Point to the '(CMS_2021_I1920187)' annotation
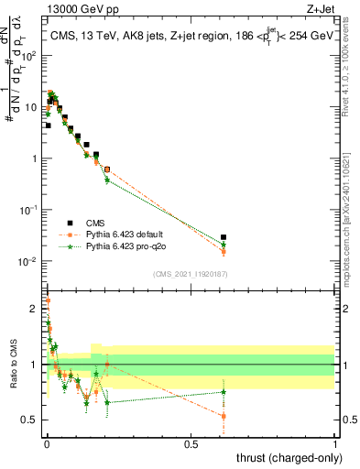click(189, 272)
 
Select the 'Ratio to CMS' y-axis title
click(13, 366)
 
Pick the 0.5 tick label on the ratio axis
click(30, 420)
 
